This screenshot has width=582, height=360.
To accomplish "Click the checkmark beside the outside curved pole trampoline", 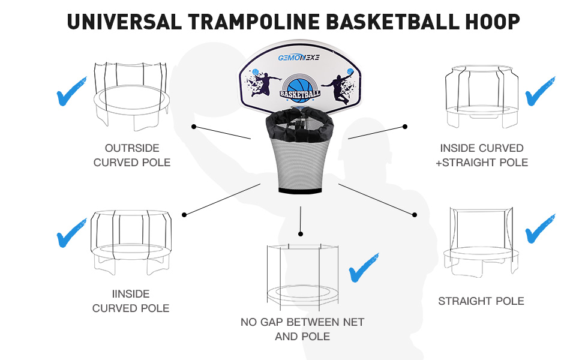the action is [71, 91].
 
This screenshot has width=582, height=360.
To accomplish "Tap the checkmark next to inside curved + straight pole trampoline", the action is [541, 91].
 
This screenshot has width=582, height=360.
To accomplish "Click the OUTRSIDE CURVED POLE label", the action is [132, 155].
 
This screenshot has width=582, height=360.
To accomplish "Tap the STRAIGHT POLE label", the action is [481, 301].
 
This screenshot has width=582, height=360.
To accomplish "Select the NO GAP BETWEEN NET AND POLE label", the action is [302, 329].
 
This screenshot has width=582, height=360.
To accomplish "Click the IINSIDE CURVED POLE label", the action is [130, 301].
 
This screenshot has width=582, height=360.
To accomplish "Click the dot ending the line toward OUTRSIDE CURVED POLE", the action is [194, 127].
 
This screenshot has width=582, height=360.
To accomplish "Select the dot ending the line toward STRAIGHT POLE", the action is [415, 214].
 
